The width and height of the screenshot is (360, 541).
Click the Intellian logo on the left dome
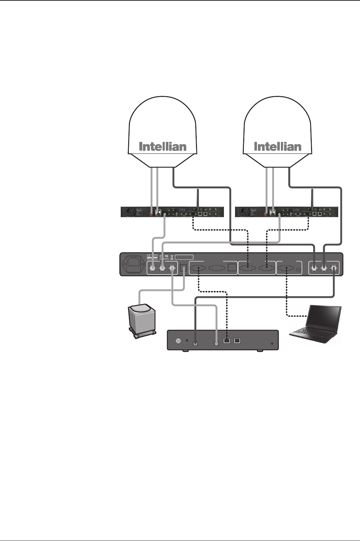coord(163,147)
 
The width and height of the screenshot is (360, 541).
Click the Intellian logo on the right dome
coord(278,147)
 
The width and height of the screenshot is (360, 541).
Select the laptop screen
coord(324,317)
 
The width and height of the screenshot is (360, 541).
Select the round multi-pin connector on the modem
coord(178,341)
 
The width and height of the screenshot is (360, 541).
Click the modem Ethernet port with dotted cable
coord(227,341)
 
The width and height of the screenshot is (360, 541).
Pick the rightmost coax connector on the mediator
coord(334,269)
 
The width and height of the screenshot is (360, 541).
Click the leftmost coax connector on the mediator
coord(152,269)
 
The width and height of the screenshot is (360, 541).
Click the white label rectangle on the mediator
coord(184,257)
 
